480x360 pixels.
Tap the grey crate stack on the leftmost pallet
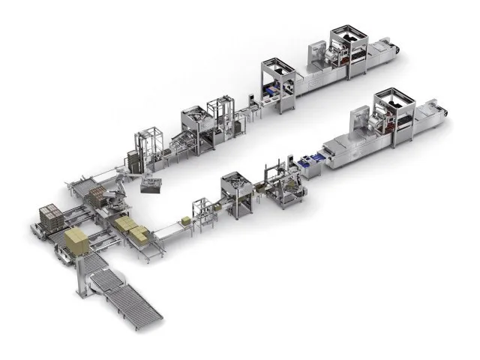50,217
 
